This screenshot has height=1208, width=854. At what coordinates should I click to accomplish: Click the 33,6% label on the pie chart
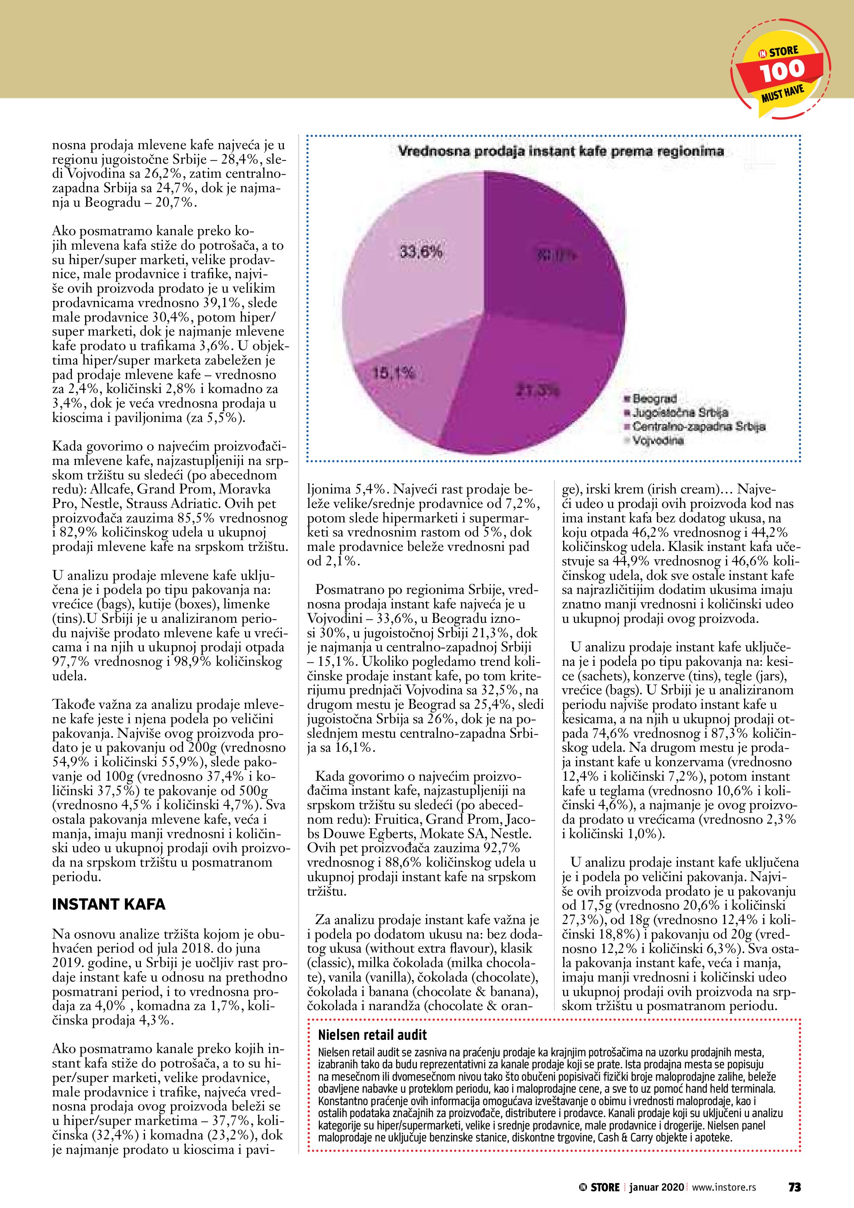point(421,252)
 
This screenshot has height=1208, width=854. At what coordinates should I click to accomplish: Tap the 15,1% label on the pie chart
point(394,374)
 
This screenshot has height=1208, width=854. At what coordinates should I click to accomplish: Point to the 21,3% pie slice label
point(537,391)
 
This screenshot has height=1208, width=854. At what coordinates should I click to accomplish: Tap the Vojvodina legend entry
point(657,440)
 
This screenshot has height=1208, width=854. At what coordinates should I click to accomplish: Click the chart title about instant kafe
point(561,152)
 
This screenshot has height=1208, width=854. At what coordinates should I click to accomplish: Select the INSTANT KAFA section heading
point(108,904)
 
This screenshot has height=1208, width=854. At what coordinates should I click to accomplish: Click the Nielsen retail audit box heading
point(372,1035)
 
